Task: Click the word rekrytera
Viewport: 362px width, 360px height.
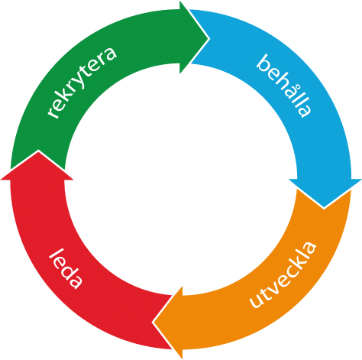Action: click(82, 82)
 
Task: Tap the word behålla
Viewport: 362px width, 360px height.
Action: click(284, 86)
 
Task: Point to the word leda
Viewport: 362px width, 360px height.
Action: click(66, 269)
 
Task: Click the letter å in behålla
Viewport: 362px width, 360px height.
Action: click(292, 91)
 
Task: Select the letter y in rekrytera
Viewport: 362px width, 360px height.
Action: click(81, 82)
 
